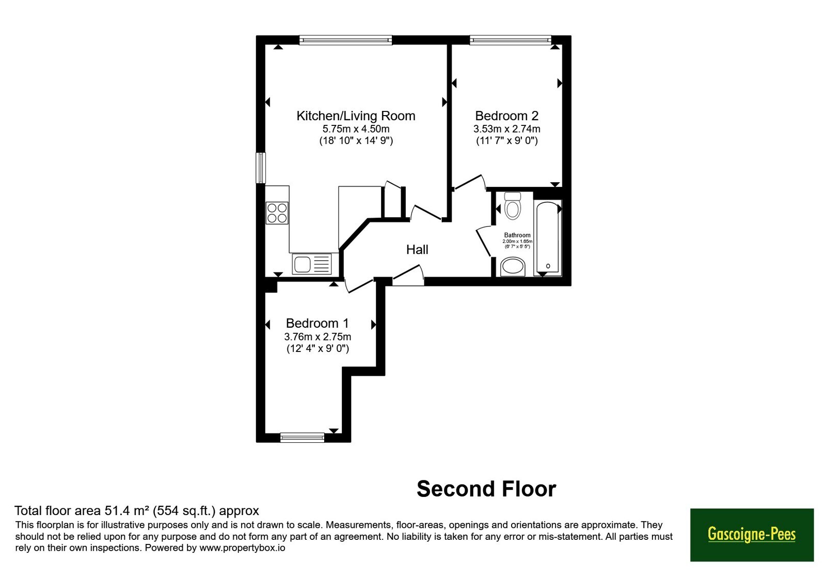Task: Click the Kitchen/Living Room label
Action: (356, 116)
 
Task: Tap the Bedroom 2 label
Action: (506, 116)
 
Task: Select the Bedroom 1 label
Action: (317, 323)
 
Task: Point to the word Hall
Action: (417, 250)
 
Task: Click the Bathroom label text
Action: (517, 235)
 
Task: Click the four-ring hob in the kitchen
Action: (277, 213)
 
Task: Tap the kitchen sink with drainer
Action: (312, 264)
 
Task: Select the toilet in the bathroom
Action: (512, 205)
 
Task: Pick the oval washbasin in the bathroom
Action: (513, 266)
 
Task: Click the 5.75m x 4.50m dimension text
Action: (356, 129)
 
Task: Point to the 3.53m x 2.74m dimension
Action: (506, 129)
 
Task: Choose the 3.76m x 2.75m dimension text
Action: (317, 336)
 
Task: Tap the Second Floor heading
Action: (486, 489)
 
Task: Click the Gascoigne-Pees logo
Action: (752, 535)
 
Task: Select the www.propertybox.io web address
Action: (242, 548)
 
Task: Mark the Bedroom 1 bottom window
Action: (303, 438)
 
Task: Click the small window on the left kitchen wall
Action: (261, 168)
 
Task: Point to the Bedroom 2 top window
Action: (511, 40)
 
